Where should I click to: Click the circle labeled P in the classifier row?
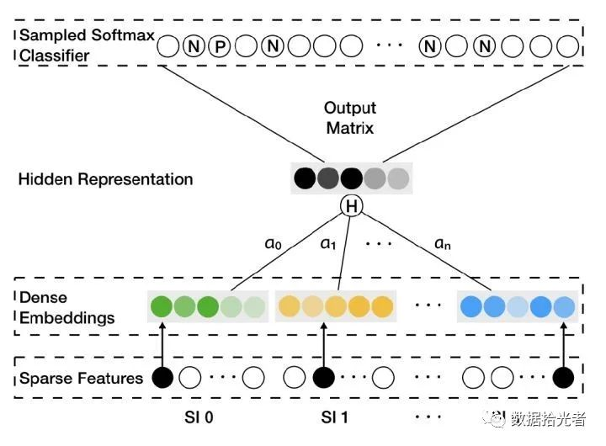point(220,46)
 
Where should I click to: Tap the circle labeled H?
point(351,205)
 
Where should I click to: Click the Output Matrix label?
point(350,118)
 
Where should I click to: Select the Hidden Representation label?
point(105,179)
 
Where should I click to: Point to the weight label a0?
point(273,243)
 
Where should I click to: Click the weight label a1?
point(328,243)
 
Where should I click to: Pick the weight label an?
point(443,243)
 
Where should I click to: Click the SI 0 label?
point(199,417)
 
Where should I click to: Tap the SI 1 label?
point(334,417)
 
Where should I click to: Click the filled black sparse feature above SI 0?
point(162,378)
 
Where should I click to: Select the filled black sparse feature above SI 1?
point(323,378)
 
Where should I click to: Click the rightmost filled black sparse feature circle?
point(563,378)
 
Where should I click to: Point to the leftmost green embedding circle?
point(161,306)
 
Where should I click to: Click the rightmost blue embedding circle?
point(564,306)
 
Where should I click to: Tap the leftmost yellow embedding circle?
point(289,306)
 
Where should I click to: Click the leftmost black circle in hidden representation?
point(305,178)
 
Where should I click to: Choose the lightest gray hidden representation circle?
point(398,178)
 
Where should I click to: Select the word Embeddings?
point(66,318)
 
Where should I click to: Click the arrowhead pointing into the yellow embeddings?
point(324,326)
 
